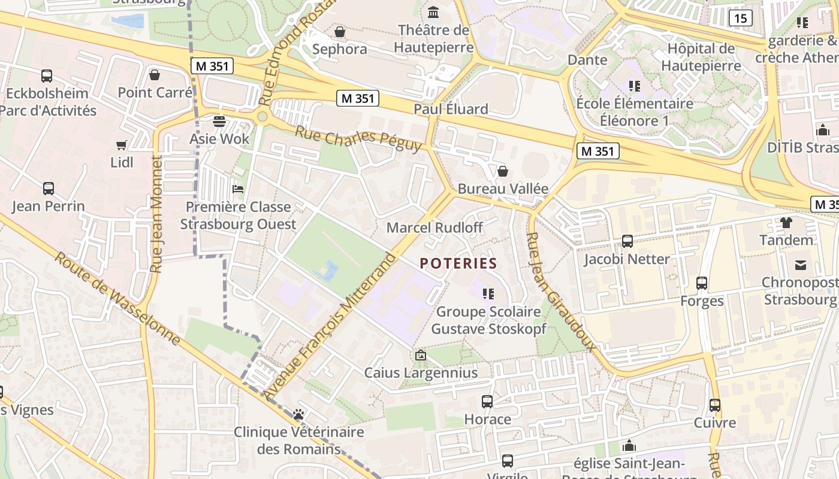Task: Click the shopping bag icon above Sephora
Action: click(x=340, y=31)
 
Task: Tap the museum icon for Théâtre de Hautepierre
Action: click(x=433, y=12)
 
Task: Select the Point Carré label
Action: click(x=155, y=92)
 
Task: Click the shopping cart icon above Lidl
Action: click(x=122, y=145)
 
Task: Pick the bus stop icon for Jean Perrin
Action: click(x=49, y=189)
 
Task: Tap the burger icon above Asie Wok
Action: click(x=219, y=122)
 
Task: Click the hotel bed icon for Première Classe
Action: click(x=238, y=190)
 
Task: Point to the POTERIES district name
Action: click(x=458, y=263)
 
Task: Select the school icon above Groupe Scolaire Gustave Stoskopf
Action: click(x=488, y=293)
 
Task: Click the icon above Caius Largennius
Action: click(x=421, y=356)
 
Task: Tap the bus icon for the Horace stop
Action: click(x=487, y=402)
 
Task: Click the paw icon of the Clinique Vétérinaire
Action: click(x=298, y=414)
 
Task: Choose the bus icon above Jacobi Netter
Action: click(x=627, y=241)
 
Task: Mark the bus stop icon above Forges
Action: click(x=702, y=283)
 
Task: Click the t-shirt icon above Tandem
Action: click(x=786, y=223)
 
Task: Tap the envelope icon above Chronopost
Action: click(x=800, y=265)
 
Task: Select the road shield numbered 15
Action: click(x=740, y=18)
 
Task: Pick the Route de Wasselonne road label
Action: click(x=117, y=298)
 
